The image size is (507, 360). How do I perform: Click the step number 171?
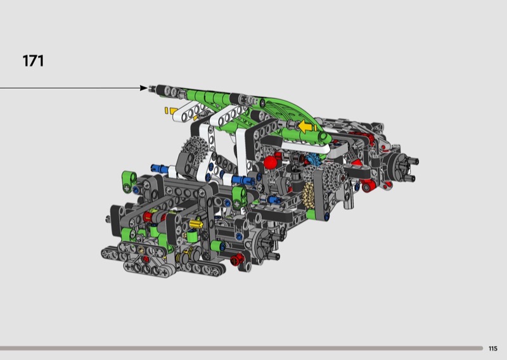[x=33, y=61]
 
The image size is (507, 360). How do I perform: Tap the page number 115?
[x=493, y=349]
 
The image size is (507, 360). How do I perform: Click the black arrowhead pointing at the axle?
[x=144, y=88]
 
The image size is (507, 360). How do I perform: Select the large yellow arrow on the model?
[x=305, y=127]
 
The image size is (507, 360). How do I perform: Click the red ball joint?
[x=271, y=162]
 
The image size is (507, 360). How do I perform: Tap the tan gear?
[x=308, y=193]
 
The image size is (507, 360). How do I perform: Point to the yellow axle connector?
[x=196, y=224]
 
